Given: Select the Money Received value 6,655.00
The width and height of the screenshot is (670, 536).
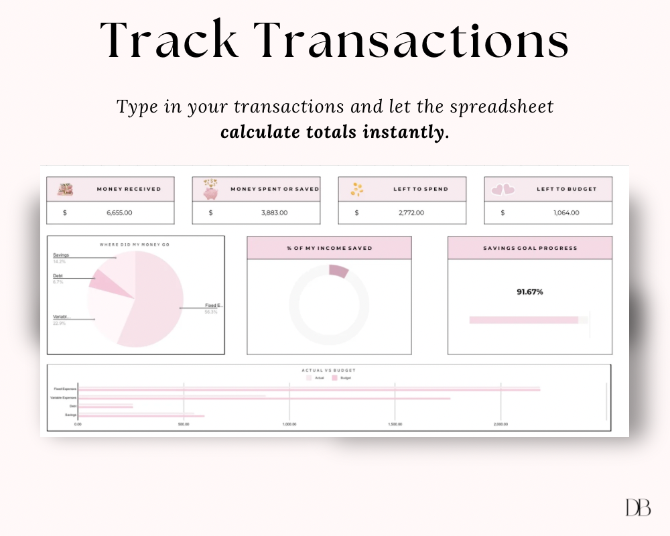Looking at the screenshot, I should [x=119, y=212].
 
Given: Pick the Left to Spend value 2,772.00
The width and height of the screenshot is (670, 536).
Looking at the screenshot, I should [x=419, y=212].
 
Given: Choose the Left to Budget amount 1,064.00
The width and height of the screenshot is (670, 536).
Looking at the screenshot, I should [x=566, y=212].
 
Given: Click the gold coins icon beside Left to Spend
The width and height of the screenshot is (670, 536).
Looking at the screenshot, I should [x=357, y=190].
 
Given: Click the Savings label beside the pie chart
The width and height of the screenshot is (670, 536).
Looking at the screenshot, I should [x=61, y=255].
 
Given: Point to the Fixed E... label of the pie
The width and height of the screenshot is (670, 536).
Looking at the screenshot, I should [x=213, y=306].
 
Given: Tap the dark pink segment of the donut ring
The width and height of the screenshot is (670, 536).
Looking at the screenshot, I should [x=339, y=271].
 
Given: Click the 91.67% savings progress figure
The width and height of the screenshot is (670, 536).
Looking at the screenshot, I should [x=529, y=292].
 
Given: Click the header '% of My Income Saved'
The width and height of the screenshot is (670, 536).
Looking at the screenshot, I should [x=329, y=248].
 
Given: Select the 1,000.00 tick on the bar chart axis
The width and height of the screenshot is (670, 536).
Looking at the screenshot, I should [x=289, y=424].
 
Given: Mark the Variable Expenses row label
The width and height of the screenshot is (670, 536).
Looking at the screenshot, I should [x=64, y=398].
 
